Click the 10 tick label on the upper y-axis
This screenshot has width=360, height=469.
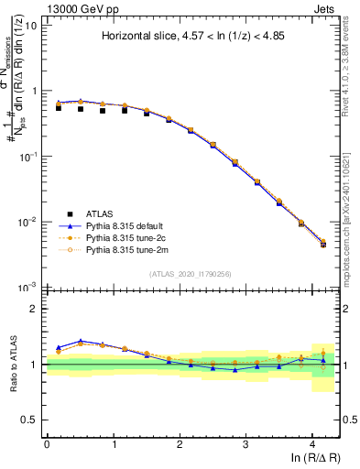(x=31, y=26)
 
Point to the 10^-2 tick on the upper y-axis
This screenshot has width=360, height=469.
(x=28, y=222)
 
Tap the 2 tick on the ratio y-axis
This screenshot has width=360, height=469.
(x=35, y=309)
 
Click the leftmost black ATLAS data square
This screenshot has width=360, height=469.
(x=59, y=108)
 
